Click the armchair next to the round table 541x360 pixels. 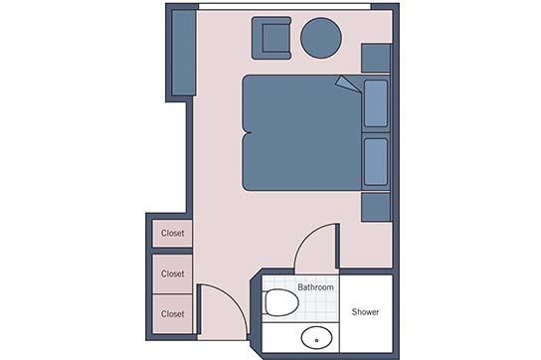[x=271, y=38]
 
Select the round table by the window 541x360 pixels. [x=321, y=38]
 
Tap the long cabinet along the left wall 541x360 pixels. [x=184, y=53]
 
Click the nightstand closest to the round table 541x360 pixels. [x=376, y=58]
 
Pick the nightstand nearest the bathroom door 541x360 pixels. [x=376, y=207]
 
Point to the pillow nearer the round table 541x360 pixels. [x=376, y=103]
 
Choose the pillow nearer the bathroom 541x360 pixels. [x=376, y=161]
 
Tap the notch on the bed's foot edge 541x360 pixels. [x=247, y=133]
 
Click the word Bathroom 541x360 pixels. [x=315, y=287]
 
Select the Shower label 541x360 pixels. [x=365, y=312]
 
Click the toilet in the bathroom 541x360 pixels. [x=280, y=302]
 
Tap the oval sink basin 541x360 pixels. [x=316, y=337]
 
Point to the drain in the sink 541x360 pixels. [x=316, y=340]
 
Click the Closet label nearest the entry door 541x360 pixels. [x=172, y=313]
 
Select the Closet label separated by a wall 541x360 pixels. [x=172, y=233]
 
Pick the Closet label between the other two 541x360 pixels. [x=172, y=273]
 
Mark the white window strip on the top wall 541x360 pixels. [x=284, y=7]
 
